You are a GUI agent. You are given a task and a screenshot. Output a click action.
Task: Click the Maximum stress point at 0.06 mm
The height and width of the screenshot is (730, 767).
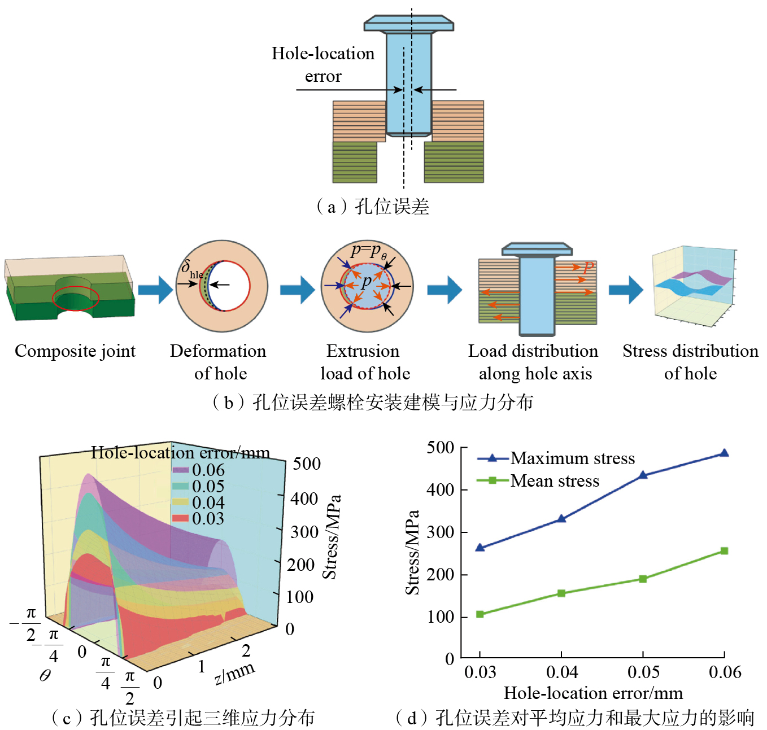pyautogui.click(x=724, y=453)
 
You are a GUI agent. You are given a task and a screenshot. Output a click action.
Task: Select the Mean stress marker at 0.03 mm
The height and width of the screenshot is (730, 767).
pyautogui.click(x=480, y=614)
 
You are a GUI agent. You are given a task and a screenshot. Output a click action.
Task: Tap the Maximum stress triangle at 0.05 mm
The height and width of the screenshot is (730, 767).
pyautogui.click(x=643, y=475)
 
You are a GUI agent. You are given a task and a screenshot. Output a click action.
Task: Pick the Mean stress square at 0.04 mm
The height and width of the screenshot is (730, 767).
pyautogui.click(x=561, y=593)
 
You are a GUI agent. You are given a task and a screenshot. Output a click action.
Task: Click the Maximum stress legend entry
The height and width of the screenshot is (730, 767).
pyautogui.click(x=572, y=458)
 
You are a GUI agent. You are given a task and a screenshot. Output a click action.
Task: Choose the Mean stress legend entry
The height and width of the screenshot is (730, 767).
pyautogui.click(x=554, y=481)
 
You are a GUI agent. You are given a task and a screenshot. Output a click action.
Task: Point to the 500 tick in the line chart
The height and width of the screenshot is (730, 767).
pyautogui.click(x=441, y=448)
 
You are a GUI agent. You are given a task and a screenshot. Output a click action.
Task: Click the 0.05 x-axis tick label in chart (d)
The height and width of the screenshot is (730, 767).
pyautogui.click(x=643, y=672)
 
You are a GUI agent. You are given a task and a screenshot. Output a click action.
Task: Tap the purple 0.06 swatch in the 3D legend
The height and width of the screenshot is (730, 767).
pyautogui.click(x=180, y=470)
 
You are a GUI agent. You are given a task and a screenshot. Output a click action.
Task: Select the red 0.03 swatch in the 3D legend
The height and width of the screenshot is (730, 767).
pyautogui.click(x=180, y=518)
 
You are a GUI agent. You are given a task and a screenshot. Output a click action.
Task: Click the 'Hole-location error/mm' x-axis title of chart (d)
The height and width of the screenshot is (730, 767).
pyautogui.click(x=593, y=693)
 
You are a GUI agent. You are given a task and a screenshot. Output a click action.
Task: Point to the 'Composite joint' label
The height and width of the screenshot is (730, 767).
pyautogui.click(x=75, y=351)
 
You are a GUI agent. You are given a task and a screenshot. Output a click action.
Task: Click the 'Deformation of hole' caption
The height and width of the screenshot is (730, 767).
pyautogui.click(x=219, y=362)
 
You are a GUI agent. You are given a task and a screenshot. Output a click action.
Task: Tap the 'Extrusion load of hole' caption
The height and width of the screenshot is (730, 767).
pyautogui.click(x=364, y=362)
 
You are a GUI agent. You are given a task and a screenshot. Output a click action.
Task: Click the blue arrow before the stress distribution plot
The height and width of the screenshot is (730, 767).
pyautogui.click(x=626, y=290)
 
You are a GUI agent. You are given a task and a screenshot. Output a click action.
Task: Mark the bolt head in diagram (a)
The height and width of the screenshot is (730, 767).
pyautogui.click(x=409, y=24)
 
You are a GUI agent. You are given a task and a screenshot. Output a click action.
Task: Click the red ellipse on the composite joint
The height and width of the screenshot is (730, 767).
pyautogui.click(x=76, y=298)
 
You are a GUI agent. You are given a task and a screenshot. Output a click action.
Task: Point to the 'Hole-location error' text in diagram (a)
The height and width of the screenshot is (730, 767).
pyautogui.click(x=323, y=64)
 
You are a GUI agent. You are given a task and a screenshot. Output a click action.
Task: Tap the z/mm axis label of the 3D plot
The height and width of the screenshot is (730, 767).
pyautogui.click(x=235, y=672)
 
